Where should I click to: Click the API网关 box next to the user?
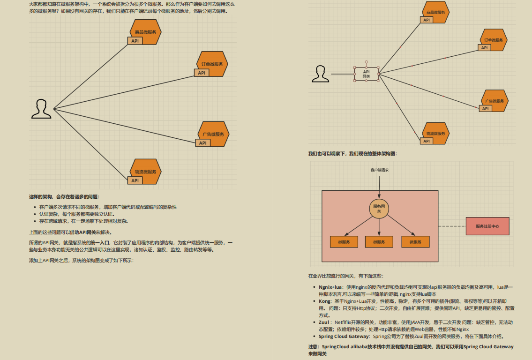(x=367, y=74)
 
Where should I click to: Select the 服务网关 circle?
(x=379, y=208)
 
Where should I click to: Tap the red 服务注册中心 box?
(x=487, y=226)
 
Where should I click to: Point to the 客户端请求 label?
(x=379, y=170)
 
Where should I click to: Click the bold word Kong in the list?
(x=325, y=301)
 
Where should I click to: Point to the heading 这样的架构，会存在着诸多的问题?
(x=64, y=197)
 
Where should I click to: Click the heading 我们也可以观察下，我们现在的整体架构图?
(x=353, y=153)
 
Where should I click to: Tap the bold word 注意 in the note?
(x=314, y=347)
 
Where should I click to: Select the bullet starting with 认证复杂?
(x=76, y=214)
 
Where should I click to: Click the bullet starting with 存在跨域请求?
(x=83, y=221)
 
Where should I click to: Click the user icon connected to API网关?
(x=320, y=74)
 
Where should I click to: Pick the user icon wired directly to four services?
(x=41, y=109)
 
